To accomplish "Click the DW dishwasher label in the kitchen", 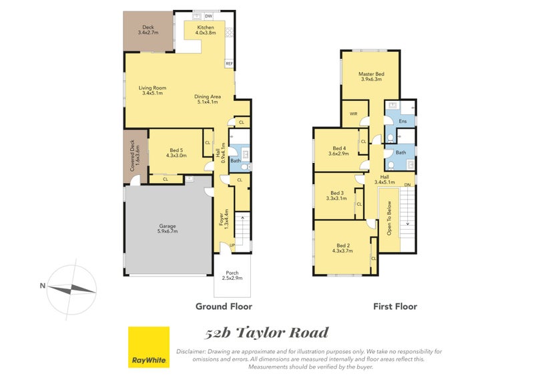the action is tap(208, 16).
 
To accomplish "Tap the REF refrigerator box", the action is tap(229, 63).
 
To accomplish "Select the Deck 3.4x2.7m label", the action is tap(148, 29).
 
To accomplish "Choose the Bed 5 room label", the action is tap(176, 153).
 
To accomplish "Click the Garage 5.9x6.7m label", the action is tap(168, 228).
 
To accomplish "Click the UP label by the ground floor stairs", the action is tap(232, 245).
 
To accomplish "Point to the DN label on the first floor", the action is tap(407, 185).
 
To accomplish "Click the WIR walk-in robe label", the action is tap(354, 114).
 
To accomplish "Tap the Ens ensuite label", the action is tap(403, 121).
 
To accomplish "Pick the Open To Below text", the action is tap(389, 218).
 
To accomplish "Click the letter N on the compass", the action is tap(43, 286).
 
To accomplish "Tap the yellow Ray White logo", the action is tap(149, 347).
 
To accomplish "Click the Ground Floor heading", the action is tap(224, 307).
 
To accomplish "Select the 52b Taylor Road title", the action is tap(266, 333).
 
